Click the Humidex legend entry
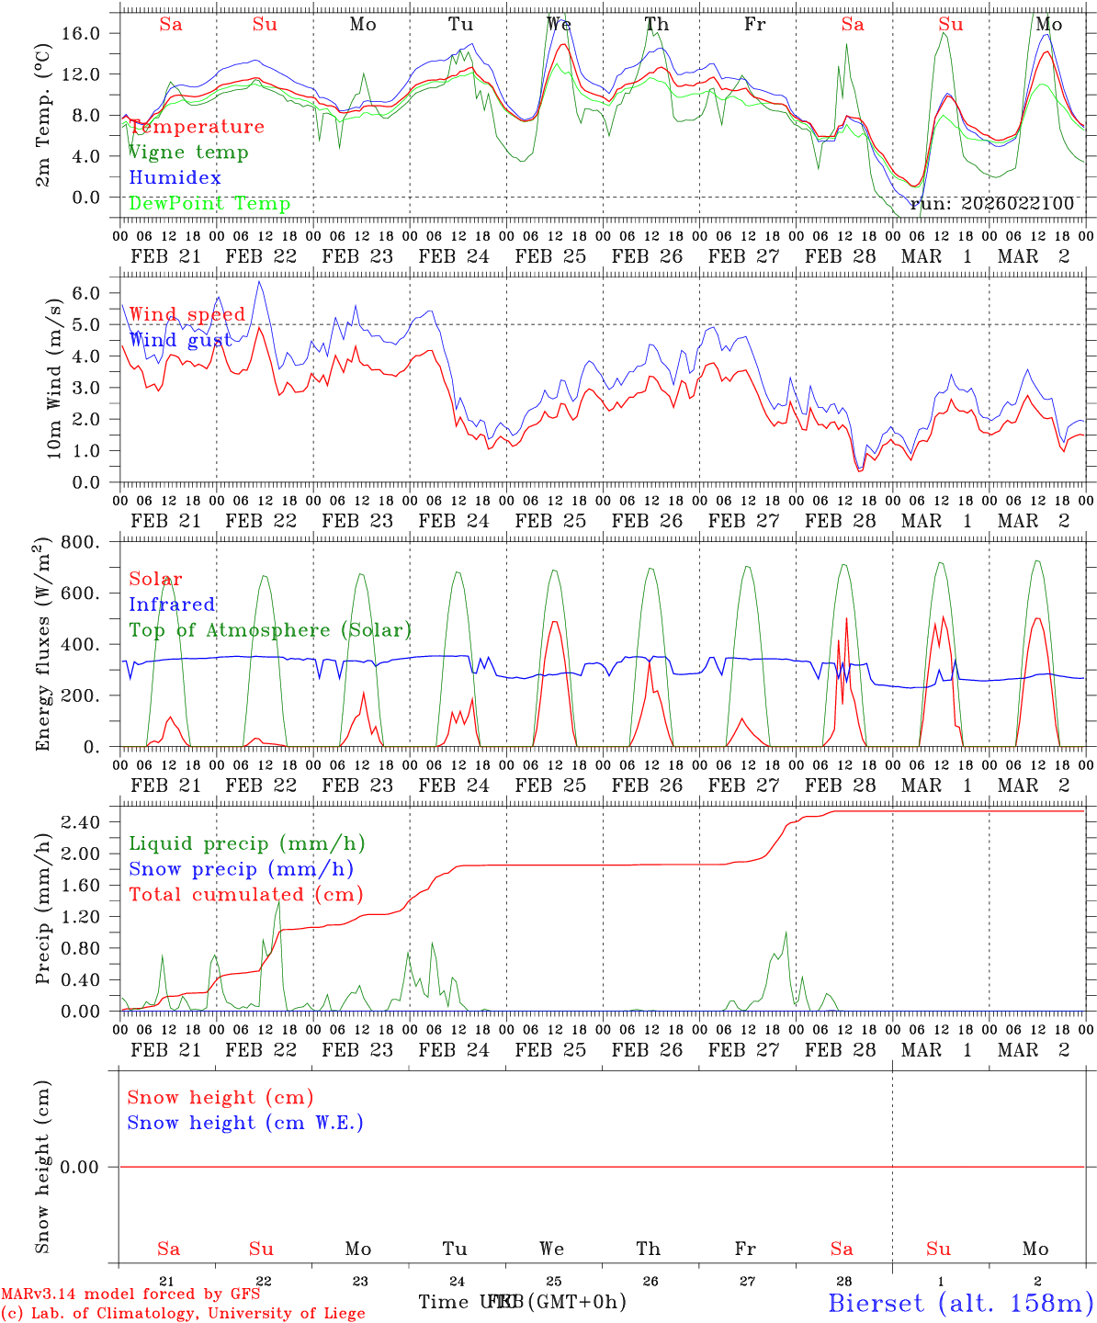click(175, 177)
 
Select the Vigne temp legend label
click(187, 153)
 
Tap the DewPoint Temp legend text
click(209, 203)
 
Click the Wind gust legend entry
click(180, 340)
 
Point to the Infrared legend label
click(172, 605)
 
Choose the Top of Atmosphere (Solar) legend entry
click(269, 630)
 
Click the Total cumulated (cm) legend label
click(245, 894)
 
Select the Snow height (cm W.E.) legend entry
click(245, 1123)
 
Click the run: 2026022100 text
click(991, 203)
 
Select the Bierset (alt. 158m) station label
click(960, 1302)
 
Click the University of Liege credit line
click(183, 1313)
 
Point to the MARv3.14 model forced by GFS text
click(130, 1294)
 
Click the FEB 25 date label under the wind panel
click(550, 521)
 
